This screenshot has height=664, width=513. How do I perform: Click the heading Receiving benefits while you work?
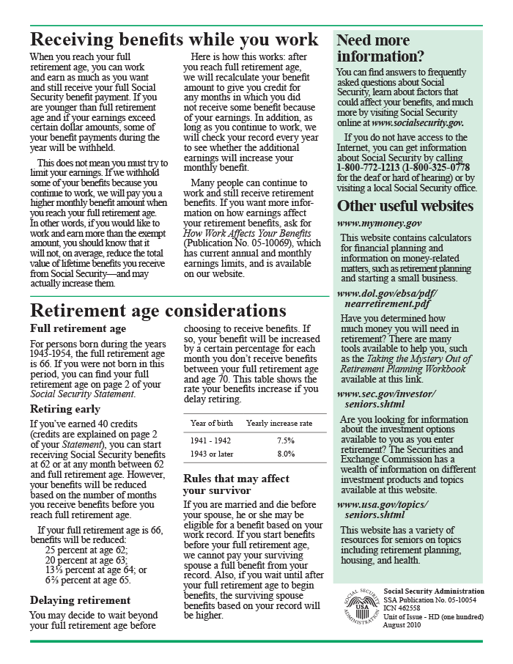[174, 40]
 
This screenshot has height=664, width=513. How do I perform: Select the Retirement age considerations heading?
[158, 311]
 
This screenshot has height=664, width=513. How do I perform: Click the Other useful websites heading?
[405, 206]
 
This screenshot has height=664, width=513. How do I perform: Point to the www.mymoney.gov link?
[379, 222]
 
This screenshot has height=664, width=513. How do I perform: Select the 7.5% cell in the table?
[286, 441]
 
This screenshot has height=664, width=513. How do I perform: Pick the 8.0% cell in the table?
[286, 454]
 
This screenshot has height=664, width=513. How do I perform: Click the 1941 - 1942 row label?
[211, 441]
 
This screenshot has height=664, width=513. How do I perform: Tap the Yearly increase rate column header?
[279, 424]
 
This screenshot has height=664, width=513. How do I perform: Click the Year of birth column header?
[212, 424]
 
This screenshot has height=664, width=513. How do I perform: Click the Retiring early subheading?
[65, 409]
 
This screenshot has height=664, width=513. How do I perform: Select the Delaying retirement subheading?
[81, 600]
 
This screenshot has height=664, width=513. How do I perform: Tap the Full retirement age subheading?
[78, 328]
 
